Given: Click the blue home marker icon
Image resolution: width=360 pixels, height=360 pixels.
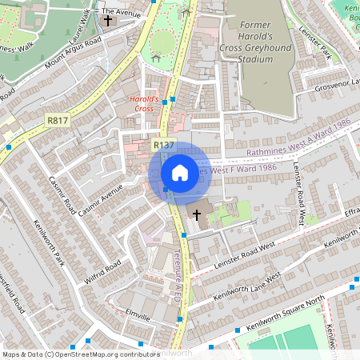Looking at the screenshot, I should point(180,173).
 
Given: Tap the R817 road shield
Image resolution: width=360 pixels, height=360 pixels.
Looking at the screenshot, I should point(57,120).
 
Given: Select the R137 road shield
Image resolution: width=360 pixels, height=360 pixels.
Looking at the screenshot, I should point(164,145).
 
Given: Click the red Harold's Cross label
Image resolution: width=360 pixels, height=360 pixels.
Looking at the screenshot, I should point(145,103).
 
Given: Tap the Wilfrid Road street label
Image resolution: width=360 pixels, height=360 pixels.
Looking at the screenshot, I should point(102,272).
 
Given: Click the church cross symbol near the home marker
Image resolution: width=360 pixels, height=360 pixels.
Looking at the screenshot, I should point(197,214).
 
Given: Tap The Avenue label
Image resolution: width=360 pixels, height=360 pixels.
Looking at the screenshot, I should point(122,13).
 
